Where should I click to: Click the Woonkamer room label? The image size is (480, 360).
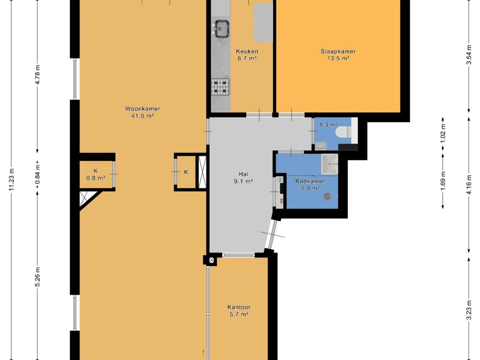142,109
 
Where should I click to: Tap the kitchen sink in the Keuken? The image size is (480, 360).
221,29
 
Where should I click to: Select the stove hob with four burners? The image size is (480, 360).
220,87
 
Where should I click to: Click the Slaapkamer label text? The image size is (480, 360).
338,52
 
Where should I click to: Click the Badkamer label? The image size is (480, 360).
310,181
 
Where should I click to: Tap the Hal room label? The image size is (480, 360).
243,174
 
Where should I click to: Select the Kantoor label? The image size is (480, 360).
239,307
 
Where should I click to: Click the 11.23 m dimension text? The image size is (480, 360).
12,180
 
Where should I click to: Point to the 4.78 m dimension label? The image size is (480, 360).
37,75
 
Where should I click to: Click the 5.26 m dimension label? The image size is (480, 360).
37,277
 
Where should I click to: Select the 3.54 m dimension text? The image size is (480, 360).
468,55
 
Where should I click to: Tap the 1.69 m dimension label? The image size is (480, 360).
442,180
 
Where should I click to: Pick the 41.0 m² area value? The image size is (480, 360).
142,116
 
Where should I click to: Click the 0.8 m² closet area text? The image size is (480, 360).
96,178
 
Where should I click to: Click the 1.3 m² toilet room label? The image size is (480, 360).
329,125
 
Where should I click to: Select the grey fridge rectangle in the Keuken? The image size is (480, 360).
263,23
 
